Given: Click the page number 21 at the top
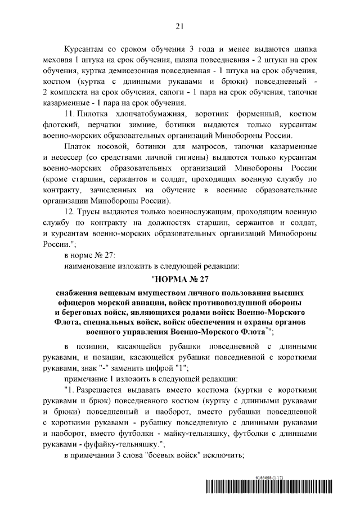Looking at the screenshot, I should tap(179, 25).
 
